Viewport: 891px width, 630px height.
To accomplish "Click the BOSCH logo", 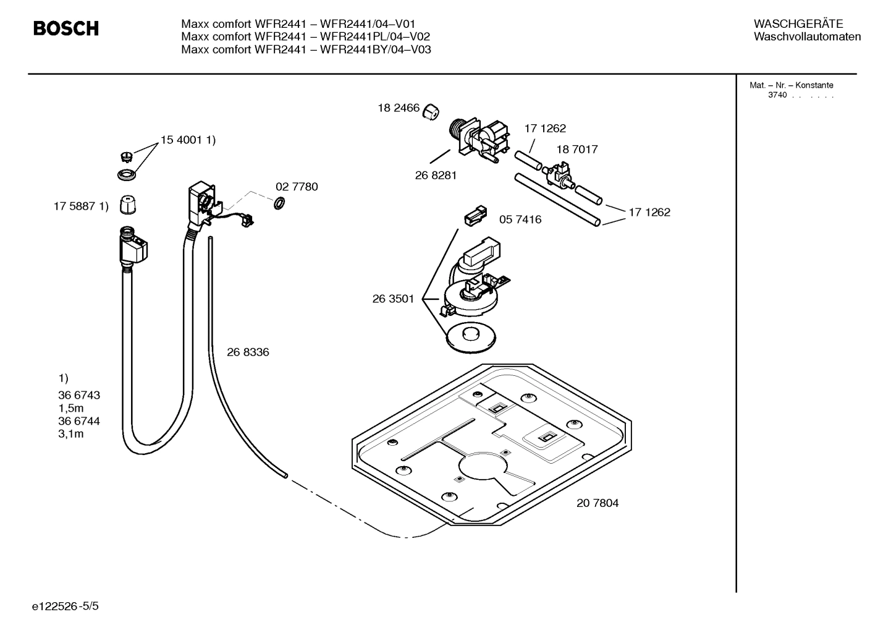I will point(65,28).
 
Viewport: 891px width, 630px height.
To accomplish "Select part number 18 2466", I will point(399,108).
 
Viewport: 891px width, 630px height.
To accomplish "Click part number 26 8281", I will point(436,176).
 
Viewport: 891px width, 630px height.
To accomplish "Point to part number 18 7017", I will point(576,150).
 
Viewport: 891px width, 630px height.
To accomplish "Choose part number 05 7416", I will point(520,219).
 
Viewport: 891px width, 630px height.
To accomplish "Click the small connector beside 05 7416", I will point(475,215).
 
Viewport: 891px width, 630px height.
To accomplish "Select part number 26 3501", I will point(393,299).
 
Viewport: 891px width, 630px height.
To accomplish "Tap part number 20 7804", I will point(597,503).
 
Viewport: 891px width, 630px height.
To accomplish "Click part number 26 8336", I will point(248,352).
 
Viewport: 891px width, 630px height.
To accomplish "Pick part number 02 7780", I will point(297,187).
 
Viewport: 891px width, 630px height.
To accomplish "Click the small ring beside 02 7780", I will point(279,202).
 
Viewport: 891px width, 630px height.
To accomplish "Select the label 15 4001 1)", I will point(188,140).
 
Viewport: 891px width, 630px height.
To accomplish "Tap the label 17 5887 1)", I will point(81,206).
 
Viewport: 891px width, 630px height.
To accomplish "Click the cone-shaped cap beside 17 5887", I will point(127,205).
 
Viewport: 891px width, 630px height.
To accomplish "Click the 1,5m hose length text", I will point(71,408).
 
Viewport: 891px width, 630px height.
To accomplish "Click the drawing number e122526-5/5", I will point(65,607).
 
